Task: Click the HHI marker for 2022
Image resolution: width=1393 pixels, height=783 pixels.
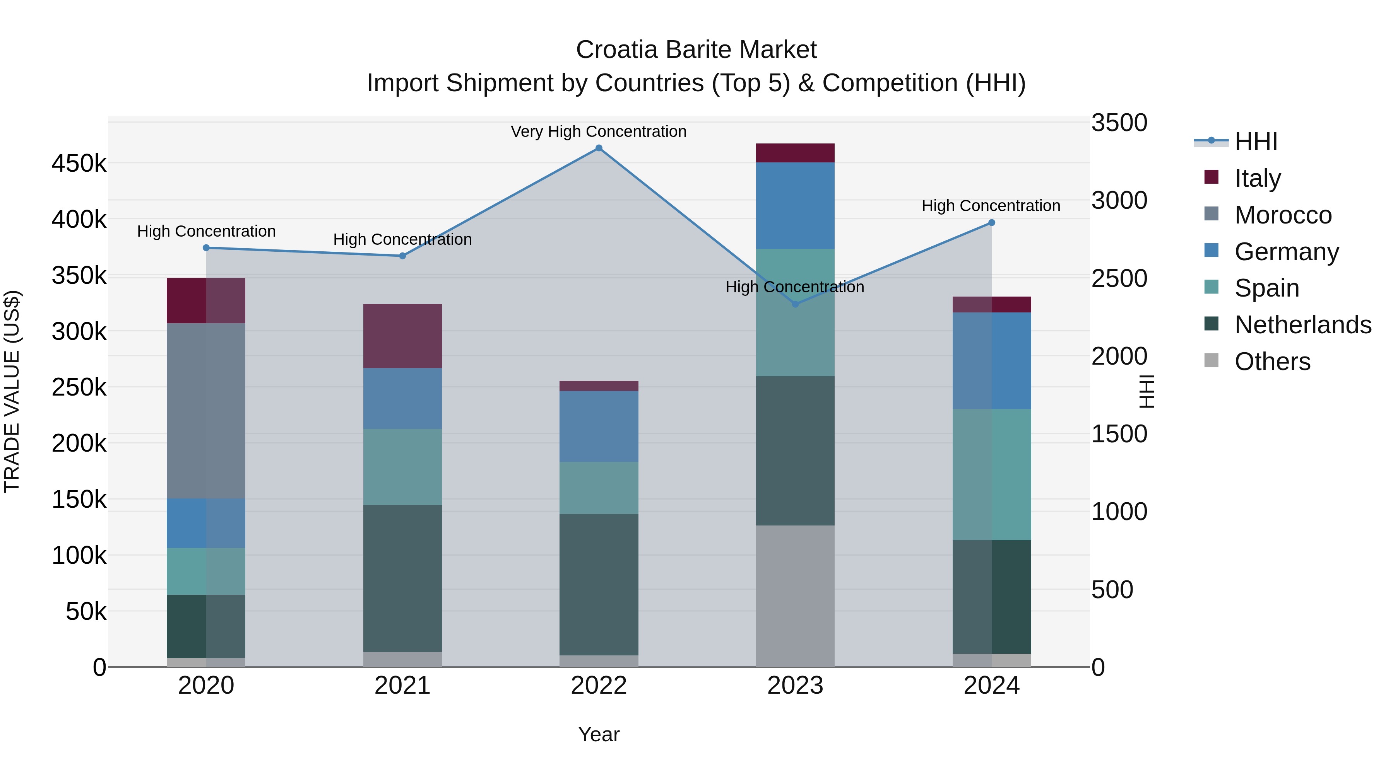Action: coord(599,148)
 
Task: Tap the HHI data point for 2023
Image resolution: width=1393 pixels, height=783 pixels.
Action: coord(795,304)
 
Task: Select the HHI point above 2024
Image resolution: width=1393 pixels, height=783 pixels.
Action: coord(991,223)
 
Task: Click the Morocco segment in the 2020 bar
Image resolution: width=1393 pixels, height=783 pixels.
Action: coord(206,411)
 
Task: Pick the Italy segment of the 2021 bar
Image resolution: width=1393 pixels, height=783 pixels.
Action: coord(402,336)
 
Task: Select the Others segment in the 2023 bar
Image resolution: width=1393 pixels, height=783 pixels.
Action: coord(795,595)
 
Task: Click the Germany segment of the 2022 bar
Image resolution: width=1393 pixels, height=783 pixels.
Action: coord(599,426)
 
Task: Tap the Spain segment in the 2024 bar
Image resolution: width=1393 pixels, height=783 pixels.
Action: coord(991,474)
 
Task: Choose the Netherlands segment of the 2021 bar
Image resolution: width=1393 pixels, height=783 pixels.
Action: coord(402,578)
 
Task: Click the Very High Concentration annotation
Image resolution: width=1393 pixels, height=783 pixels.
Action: coord(599,132)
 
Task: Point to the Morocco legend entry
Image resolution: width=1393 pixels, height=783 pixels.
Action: coord(1283,215)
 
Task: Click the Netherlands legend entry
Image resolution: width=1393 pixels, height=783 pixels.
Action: coord(1302,325)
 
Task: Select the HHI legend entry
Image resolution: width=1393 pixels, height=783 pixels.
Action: coord(1256,142)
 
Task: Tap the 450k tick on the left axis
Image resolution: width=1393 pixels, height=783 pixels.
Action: coord(79,163)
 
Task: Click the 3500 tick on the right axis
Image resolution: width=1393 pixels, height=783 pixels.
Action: coord(1119,123)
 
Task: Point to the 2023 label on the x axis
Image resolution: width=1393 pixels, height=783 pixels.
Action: coord(795,686)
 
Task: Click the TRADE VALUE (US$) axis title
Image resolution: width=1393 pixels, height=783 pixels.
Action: coord(12,391)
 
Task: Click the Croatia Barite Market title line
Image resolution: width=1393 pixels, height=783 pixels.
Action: coord(696,50)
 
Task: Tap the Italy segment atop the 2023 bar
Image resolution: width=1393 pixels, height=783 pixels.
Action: coord(795,153)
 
